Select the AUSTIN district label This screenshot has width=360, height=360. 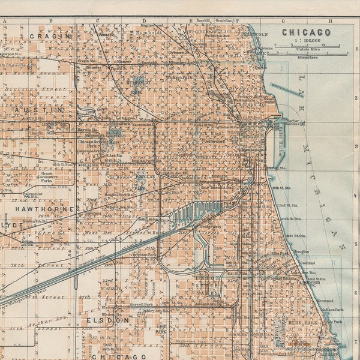point(41,110)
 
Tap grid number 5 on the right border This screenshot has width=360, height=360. point(356,245)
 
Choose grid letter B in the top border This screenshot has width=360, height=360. point(51,20)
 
